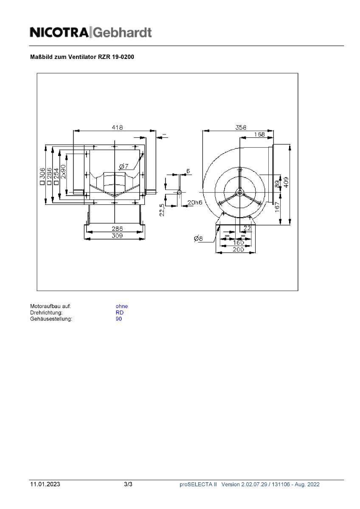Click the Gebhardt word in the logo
click(122, 33)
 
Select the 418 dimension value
click(117, 127)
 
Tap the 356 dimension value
click(241, 127)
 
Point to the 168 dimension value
click(259, 134)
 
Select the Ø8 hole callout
click(199, 239)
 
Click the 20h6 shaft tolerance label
click(195, 202)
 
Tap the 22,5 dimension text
click(162, 210)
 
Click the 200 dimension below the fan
click(238, 250)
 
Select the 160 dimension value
click(238, 243)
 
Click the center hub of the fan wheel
click(240, 192)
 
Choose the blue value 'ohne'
click(121, 306)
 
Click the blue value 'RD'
click(119, 313)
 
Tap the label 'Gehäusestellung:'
click(51, 319)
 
